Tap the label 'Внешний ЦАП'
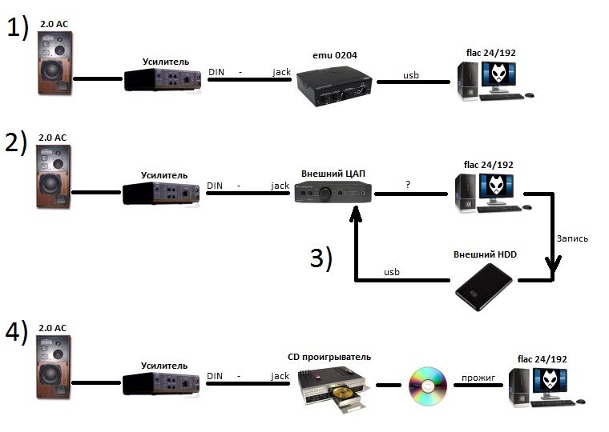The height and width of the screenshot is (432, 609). click(x=330, y=173)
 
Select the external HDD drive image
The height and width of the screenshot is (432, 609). click(x=483, y=289)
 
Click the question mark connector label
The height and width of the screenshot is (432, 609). click(x=408, y=184)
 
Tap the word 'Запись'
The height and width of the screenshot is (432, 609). click(x=572, y=238)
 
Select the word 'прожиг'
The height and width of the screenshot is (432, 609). click(x=478, y=375)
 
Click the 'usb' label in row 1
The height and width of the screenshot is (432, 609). click(x=410, y=75)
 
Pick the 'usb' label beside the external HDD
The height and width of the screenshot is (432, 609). click(x=392, y=272)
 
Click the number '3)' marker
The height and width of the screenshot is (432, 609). click(x=321, y=259)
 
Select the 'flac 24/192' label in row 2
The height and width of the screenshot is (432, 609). click(x=487, y=165)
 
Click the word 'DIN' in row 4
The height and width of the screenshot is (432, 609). click(x=215, y=375)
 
